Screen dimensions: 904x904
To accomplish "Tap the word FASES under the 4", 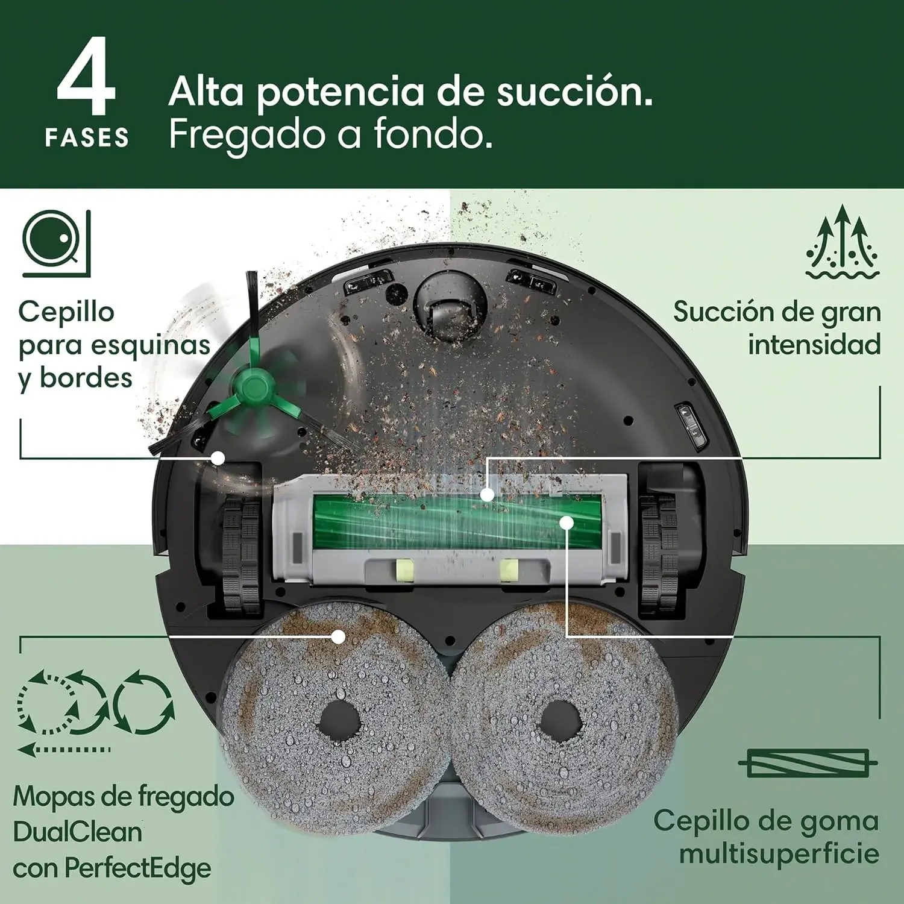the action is pyautogui.click(x=87, y=138).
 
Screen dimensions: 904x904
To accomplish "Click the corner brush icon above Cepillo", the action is pyautogui.click(x=57, y=243).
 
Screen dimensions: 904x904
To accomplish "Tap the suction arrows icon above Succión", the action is pyautogui.click(x=843, y=242).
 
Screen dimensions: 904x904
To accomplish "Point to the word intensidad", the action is pyautogui.click(x=814, y=345).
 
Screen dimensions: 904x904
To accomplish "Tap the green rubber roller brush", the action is pyautogui.click(x=458, y=521).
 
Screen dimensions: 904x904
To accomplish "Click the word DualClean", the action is pyautogui.click(x=78, y=832).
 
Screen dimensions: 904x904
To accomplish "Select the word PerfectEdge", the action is pyautogui.click(x=138, y=869).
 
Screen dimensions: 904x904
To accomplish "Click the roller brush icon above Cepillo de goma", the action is pyautogui.click(x=808, y=764).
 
